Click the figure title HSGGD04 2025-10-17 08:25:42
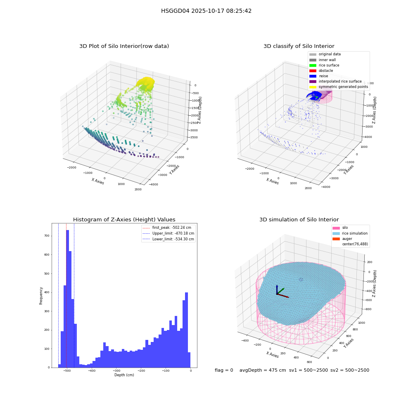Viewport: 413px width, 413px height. [x=206, y=11]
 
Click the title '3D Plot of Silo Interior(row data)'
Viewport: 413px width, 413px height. [x=124, y=46]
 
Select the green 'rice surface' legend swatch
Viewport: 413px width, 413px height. [x=313, y=65]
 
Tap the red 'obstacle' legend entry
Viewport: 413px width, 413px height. [x=321, y=71]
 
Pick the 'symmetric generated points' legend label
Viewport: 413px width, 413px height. [x=343, y=87]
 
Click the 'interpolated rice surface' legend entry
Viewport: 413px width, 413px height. [x=335, y=81]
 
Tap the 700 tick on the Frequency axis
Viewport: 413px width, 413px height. [x=47, y=236]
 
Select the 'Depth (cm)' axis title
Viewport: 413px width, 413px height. [x=124, y=375]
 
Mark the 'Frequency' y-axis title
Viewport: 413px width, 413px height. [x=41, y=296]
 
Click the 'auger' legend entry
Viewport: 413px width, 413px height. [x=342, y=239]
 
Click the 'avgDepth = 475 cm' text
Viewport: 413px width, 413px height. [x=263, y=370]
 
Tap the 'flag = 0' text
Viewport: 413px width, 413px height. [x=224, y=370]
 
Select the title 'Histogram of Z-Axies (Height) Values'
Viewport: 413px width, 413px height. [x=124, y=220]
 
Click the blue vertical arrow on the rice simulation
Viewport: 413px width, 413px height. [x=277, y=290]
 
